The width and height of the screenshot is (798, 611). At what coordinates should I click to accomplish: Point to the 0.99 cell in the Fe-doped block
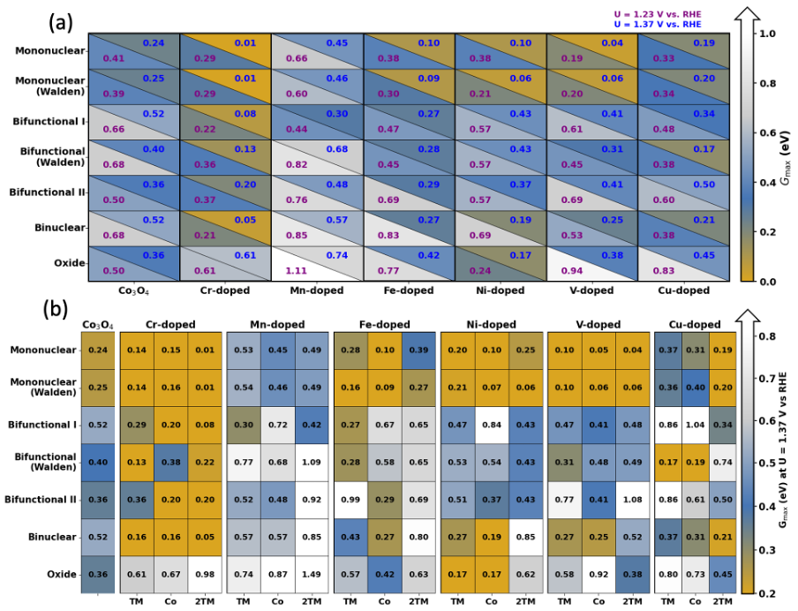tap(350, 499)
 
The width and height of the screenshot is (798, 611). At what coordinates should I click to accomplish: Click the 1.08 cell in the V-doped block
tap(632, 499)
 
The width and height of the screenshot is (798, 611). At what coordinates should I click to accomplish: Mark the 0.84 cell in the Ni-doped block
tap(487, 425)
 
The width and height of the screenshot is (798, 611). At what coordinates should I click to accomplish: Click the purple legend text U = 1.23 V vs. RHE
tap(676, 13)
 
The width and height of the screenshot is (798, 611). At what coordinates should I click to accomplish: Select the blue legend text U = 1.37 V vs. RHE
tap(676, 25)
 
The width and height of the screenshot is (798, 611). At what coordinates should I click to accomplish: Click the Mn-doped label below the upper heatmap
tap(317, 290)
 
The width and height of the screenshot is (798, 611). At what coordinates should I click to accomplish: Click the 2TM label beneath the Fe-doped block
tap(418, 600)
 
